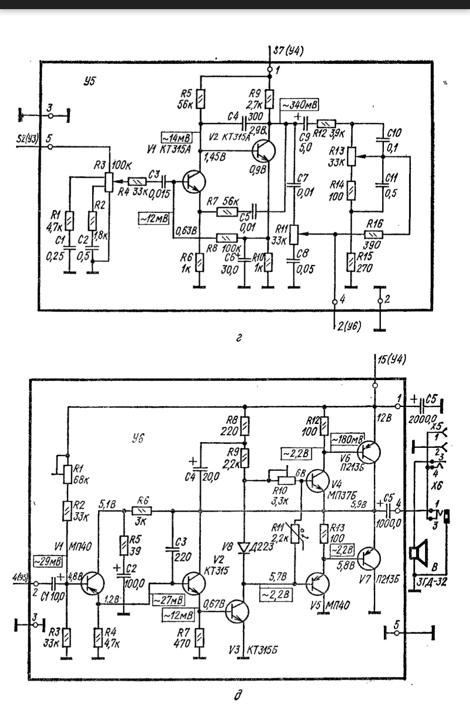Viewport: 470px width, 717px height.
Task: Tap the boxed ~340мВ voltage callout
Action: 300,105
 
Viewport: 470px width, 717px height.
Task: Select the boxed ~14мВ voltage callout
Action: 176,138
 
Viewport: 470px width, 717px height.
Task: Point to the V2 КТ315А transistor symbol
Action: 263,151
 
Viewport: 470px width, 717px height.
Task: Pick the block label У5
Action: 89,81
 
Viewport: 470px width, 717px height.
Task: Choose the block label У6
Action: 137,438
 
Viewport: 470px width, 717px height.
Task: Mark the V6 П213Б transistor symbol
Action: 368,452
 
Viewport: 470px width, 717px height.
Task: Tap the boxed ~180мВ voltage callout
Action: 348,439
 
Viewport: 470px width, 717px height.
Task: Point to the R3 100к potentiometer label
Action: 113,166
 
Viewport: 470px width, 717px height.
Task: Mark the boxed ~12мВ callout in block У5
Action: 154,218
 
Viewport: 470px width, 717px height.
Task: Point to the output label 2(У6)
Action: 349,327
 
